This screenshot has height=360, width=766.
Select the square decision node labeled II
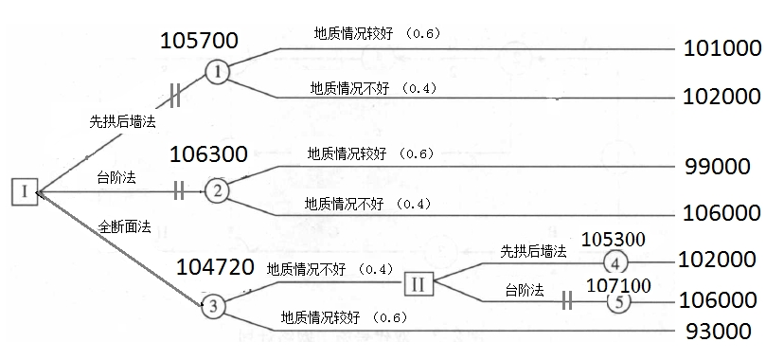click(x=419, y=283)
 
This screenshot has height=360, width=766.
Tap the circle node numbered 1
click(x=217, y=71)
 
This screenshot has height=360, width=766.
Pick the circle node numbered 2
click(x=217, y=190)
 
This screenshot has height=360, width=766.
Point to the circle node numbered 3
click(x=214, y=305)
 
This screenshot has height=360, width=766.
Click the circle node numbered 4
click(x=615, y=262)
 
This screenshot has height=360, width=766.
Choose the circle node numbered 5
click(x=617, y=302)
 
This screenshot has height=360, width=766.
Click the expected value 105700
click(x=199, y=41)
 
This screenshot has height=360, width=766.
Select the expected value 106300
click(x=208, y=153)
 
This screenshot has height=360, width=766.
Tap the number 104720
click(x=215, y=267)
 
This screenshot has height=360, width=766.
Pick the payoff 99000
click(x=717, y=166)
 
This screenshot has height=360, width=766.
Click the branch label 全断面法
click(x=125, y=226)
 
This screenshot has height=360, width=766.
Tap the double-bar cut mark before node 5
click(x=567, y=301)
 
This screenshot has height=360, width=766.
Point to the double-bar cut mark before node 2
click(x=178, y=190)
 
